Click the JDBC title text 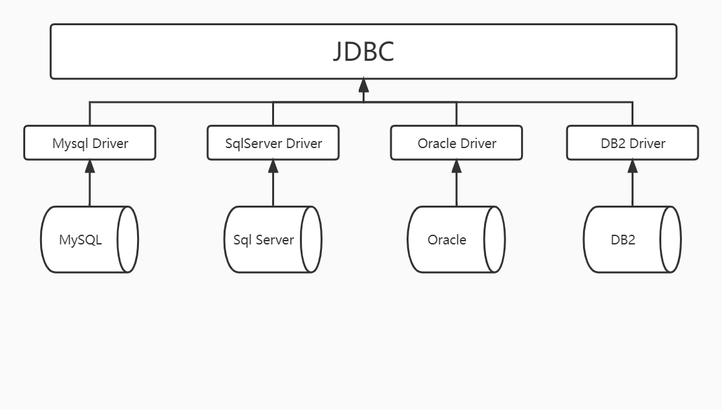[x=363, y=52]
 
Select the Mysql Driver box [x=90, y=143]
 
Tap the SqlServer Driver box [x=273, y=143]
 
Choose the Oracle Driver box [x=456, y=143]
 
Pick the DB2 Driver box [x=632, y=143]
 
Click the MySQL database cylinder [x=81, y=239]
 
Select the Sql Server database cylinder [x=264, y=239]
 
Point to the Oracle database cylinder [x=447, y=239]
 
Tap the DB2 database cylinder [x=623, y=239]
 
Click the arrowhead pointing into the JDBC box [x=363, y=85]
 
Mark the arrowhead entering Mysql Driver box [x=90, y=166]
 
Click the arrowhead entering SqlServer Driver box [x=273, y=166]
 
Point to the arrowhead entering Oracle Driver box [x=456, y=166]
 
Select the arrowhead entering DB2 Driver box [x=632, y=166]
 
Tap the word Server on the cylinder [x=274, y=240]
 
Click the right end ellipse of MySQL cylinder [x=128, y=239]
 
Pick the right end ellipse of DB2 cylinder [x=670, y=239]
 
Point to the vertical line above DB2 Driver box [x=632, y=114]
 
